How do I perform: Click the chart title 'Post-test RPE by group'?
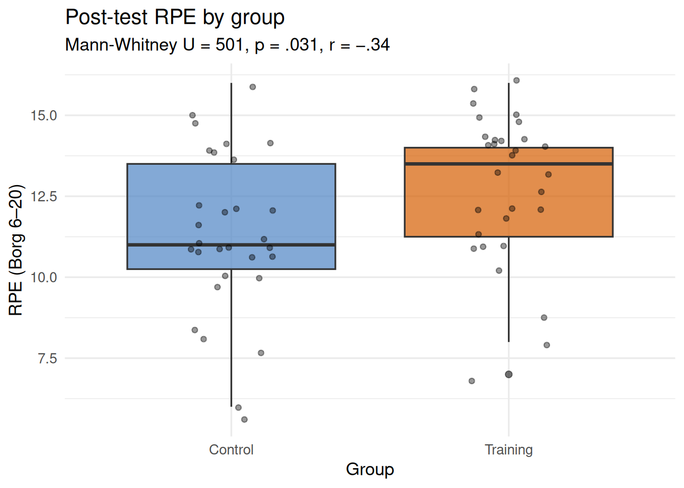click(x=175, y=17)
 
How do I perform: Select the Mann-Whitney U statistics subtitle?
click(x=227, y=45)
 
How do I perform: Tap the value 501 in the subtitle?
click(x=229, y=45)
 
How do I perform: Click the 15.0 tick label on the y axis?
click(x=44, y=115)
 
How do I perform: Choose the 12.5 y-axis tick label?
click(x=44, y=196)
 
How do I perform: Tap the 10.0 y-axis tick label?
click(x=44, y=277)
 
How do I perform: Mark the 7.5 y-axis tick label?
click(x=47, y=358)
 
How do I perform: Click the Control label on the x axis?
click(x=231, y=450)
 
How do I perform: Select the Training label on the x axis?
click(x=508, y=450)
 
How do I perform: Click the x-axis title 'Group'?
click(x=370, y=469)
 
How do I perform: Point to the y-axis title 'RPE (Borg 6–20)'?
click(x=16, y=250)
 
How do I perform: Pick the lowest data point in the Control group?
click(x=244, y=419)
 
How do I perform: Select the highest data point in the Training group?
click(x=517, y=80)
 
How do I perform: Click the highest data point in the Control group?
click(x=252, y=87)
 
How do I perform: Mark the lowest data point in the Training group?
click(x=472, y=381)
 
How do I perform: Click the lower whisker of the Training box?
click(x=508, y=290)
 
